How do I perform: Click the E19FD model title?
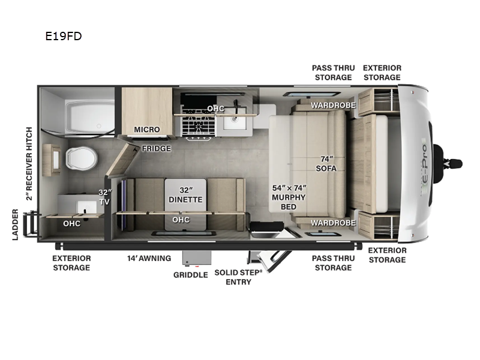click(x=63, y=36)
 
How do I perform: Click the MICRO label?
click(x=146, y=130)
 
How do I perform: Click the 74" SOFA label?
click(x=326, y=163)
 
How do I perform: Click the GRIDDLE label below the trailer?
click(x=191, y=275)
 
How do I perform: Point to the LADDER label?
click(x=16, y=224)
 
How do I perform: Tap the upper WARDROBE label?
click(x=333, y=105)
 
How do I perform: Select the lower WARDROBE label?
click(x=333, y=222)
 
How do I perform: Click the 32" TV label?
click(x=105, y=197)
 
